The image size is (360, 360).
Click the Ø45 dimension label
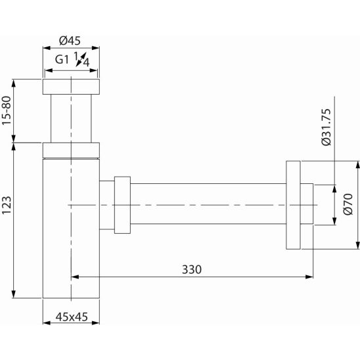[70, 41]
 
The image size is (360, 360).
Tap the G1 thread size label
[62, 60]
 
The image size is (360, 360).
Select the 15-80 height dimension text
[7, 110]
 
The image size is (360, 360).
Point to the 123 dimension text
[7, 205]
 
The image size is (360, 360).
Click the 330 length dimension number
[192, 269]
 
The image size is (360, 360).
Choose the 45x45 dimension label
[72, 317]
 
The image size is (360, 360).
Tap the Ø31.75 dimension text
[326, 127]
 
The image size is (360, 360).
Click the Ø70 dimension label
[348, 204]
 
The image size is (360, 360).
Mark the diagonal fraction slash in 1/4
[81, 60]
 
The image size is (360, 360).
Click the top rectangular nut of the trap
[71, 87]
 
